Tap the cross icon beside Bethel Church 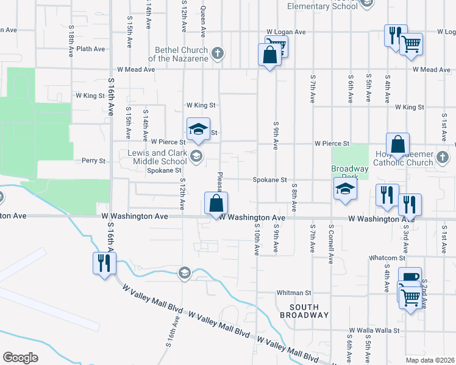216,54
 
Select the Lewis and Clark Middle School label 157,157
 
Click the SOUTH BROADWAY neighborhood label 304,311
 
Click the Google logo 20,357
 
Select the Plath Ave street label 91,49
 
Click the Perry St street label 94,161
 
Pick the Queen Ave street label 204,15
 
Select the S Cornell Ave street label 331,242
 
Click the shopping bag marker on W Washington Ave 216,203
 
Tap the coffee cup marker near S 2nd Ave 412,277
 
